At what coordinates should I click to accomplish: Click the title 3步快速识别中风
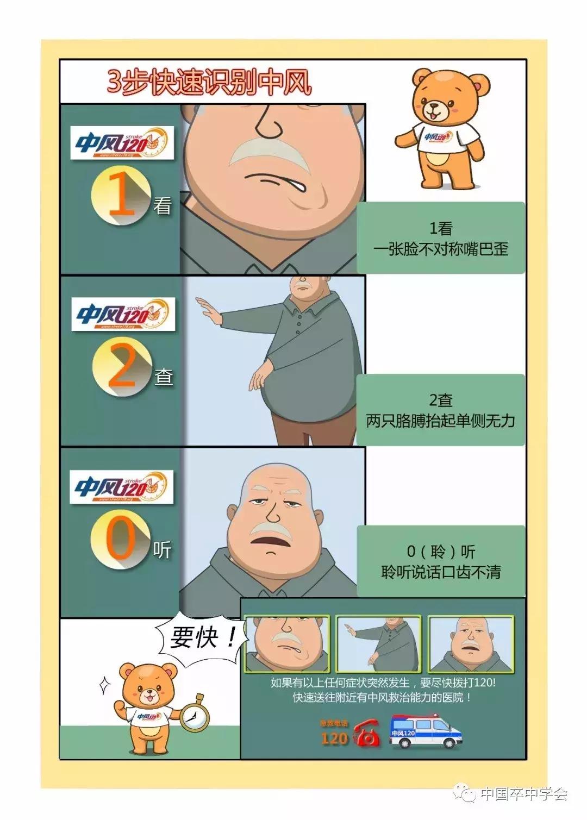point(209,83)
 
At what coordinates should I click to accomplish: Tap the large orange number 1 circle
point(121,197)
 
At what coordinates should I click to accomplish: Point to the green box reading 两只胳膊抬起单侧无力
point(440,410)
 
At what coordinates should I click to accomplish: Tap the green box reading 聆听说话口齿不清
point(440,561)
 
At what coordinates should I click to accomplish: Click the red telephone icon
point(367,736)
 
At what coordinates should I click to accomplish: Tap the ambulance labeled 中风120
point(426,732)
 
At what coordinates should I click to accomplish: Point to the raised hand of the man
point(207,311)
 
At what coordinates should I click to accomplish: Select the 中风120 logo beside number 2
point(123,314)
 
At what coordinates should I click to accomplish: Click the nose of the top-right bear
point(434,107)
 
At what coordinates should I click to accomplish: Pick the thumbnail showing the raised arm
point(378,644)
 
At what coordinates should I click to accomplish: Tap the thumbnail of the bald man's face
point(471,644)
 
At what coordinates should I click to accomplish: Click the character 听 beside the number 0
point(161,550)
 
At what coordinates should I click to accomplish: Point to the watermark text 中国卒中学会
point(523,794)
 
